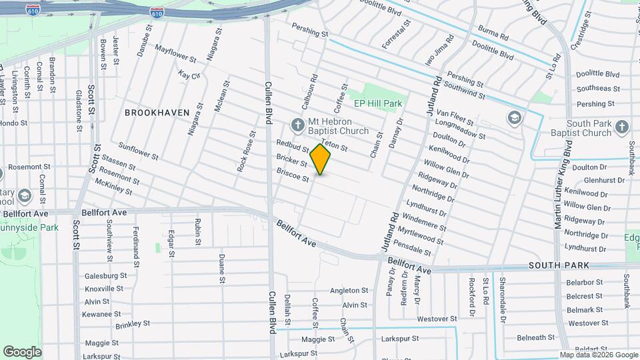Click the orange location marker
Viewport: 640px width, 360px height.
tap(321, 159)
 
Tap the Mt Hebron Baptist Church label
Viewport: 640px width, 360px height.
tap(338, 126)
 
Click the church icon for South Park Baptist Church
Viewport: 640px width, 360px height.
tap(621, 127)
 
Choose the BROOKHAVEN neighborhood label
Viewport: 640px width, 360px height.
tap(157, 113)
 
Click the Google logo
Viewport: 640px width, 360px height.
tap(22, 352)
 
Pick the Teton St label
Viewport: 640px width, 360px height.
tap(335, 145)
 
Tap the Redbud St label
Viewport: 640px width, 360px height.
tap(293, 146)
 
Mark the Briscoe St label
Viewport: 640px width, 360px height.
tap(293, 175)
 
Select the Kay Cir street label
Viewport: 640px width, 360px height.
tap(189, 75)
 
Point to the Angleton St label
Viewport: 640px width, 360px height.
tap(349, 291)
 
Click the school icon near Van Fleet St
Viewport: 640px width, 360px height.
tap(513, 118)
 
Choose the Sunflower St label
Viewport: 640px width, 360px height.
tap(138, 151)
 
